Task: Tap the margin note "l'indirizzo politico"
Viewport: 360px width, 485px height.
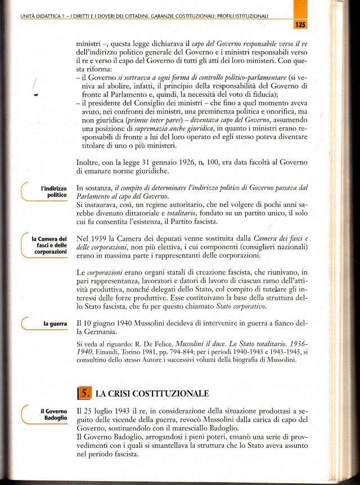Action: (x=53, y=191)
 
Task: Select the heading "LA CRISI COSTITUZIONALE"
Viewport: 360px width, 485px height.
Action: (x=152, y=393)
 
